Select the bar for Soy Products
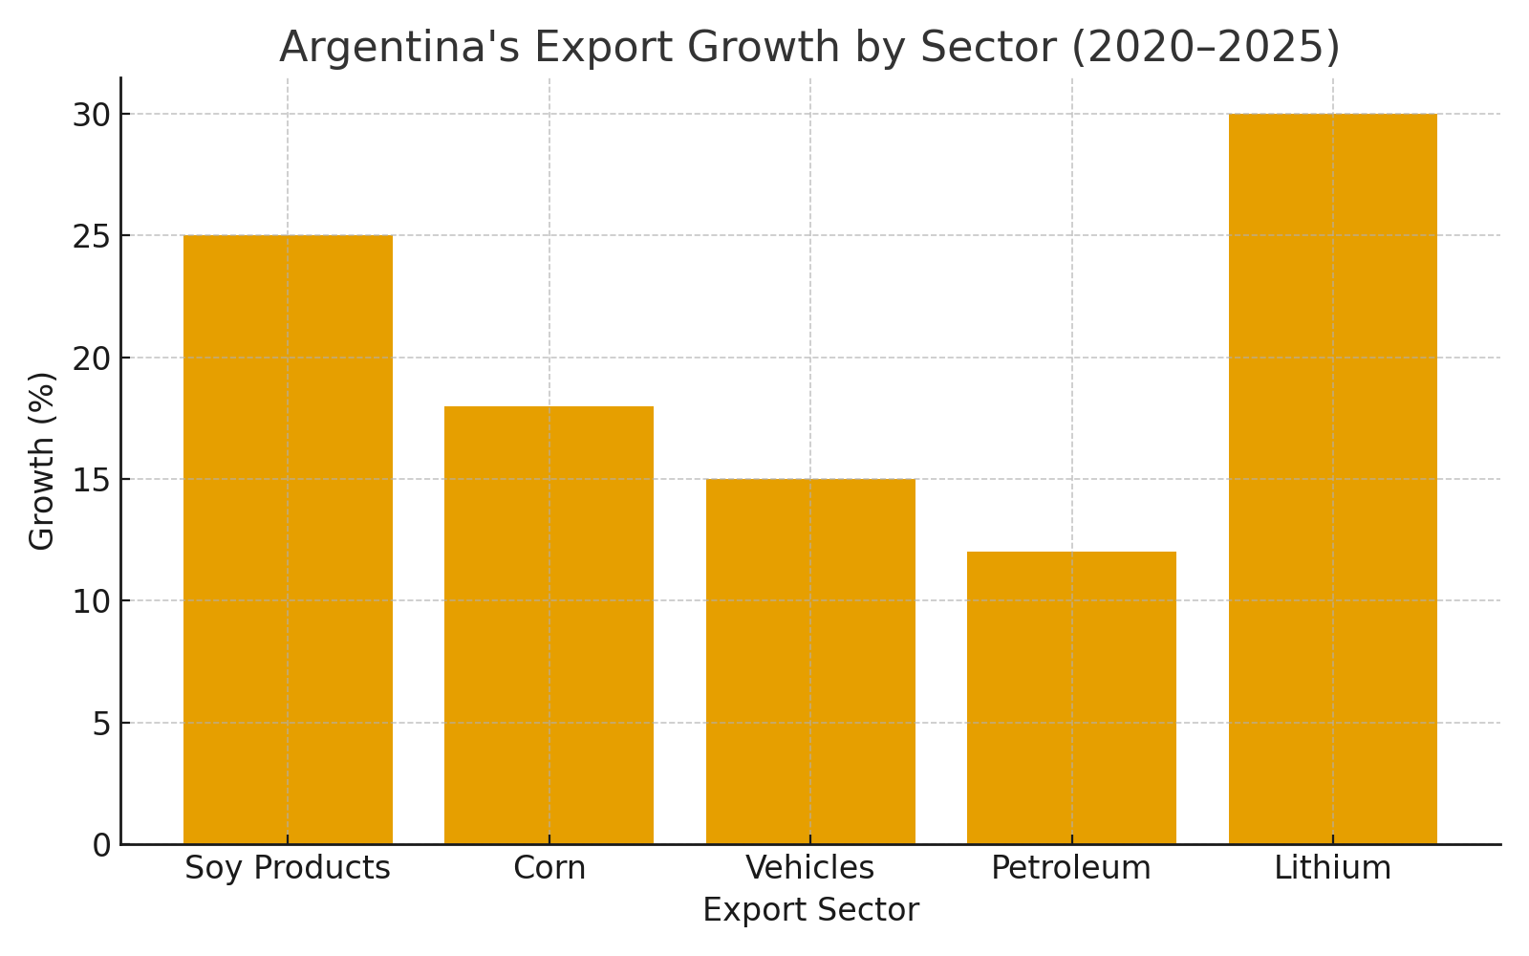[x=288, y=540]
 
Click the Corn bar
[x=549, y=625]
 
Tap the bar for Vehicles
[x=810, y=662]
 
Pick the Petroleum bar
[x=1071, y=698]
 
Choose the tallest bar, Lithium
[x=1332, y=479]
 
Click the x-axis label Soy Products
[x=288, y=868]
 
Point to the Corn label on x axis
[x=549, y=868]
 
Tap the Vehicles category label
[x=810, y=868]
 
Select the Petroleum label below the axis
[x=1071, y=868]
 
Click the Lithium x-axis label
[x=1332, y=868]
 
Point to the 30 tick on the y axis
[x=91, y=115]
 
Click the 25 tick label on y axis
[x=91, y=236]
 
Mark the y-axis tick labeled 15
[x=91, y=480]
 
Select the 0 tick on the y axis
[x=101, y=845]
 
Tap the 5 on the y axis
[x=101, y=724]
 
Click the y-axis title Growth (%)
[x=42, y=461]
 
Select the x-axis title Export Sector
[x=810, y=910]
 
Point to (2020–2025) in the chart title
[x=1205, y=48]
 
